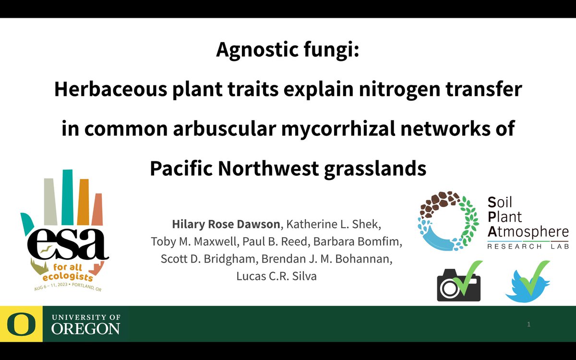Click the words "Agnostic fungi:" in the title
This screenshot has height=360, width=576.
(x=288, y=49)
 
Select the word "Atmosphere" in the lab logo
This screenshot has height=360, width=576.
(x=528, y=232)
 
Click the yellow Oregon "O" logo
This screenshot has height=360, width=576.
(x=21, y=324)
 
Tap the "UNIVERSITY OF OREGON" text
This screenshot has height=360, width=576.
(x=85, y=324)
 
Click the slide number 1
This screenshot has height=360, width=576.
(x=528, y=325)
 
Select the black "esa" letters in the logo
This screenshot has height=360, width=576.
(x=65, y=243)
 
